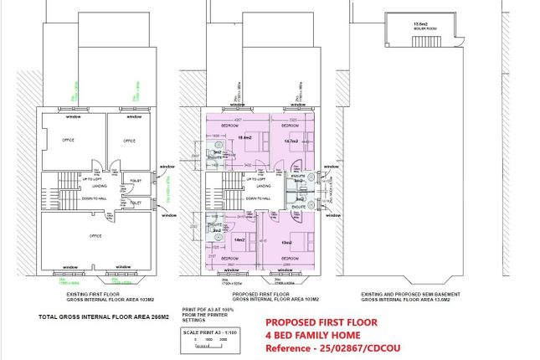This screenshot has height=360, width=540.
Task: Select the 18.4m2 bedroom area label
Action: [246, 136]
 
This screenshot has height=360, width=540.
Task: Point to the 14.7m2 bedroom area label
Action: [292, 141]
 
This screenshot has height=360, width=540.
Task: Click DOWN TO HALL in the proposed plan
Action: [258, 198]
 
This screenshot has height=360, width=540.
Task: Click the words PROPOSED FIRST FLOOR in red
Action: [321, 322]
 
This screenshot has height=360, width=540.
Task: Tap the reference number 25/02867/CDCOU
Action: [351, 348]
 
